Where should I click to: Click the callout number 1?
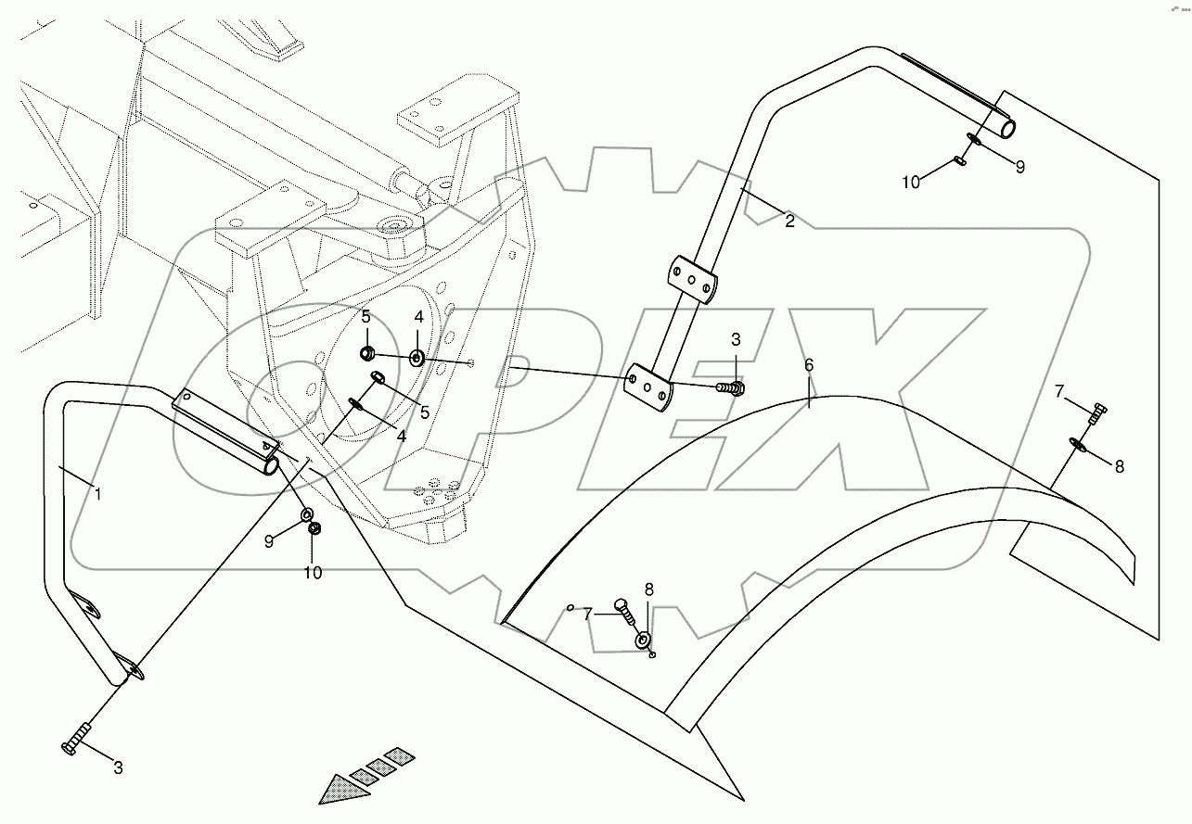click(97, 495)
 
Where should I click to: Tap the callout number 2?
click(788, 221)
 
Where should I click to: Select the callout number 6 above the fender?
click(809, 365)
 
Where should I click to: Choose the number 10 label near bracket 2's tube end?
click(911, 182)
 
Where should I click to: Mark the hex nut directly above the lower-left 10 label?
click(314, 529)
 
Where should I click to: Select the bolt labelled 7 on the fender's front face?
click(621, 608)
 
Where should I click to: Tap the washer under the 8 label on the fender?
click(643, 640)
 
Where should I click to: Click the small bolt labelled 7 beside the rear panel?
click(1096, 413)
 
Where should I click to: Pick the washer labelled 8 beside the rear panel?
click(1079, 446)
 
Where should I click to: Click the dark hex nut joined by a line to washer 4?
click(367, 352)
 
